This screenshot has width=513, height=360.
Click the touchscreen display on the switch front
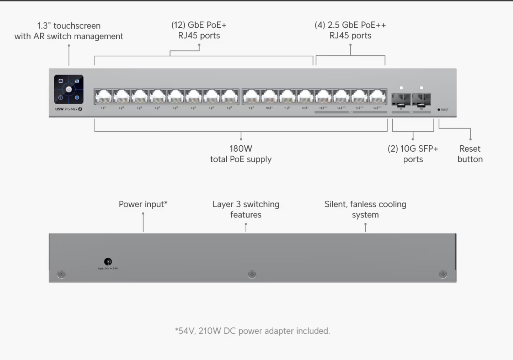coord(69,89)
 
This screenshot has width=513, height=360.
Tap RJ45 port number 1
coord(103,97)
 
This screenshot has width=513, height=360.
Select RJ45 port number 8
coord(230,97)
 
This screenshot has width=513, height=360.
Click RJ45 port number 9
coord(251,97)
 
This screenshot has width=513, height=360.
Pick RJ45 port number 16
coord(377,97)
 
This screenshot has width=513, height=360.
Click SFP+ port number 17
coord(401,99)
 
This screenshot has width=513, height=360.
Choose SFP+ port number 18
coord(421,99)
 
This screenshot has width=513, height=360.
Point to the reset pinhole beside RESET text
coord(439,110)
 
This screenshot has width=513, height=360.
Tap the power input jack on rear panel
coord(108,262)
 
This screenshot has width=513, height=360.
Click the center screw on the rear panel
coord(252,274)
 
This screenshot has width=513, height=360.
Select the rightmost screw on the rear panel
coord(443,274)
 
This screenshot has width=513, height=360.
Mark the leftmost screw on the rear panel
coord(61,274)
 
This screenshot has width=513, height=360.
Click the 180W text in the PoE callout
coord(241,148)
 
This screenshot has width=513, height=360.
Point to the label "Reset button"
coord(470,154)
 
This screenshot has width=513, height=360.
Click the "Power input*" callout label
coord(143,204)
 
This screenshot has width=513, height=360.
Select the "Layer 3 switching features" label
coord(246,209)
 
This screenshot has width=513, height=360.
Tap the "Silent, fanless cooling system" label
coord(365,209)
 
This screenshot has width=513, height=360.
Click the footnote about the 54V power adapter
coord(252,331)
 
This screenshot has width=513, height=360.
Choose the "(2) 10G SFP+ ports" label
coord(413,154)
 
